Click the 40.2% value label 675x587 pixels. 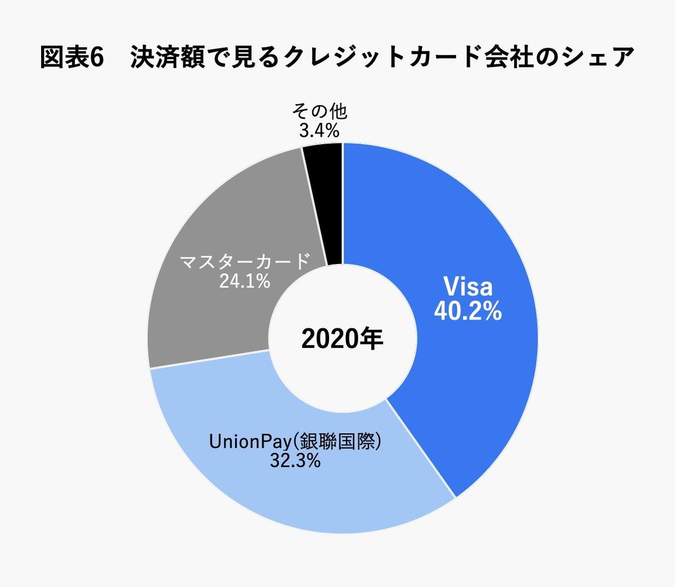point(467,311)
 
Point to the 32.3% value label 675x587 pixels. point(295,461)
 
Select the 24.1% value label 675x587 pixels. point(245,281)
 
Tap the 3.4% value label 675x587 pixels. point(319,131)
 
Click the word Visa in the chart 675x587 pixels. point(467,286)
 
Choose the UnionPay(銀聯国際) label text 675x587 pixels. point(295,441)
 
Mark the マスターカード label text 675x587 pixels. point(245,261)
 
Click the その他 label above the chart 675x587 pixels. point(319,111)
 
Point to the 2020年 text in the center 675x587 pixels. point(342,339)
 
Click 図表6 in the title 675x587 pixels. point(73,58)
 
